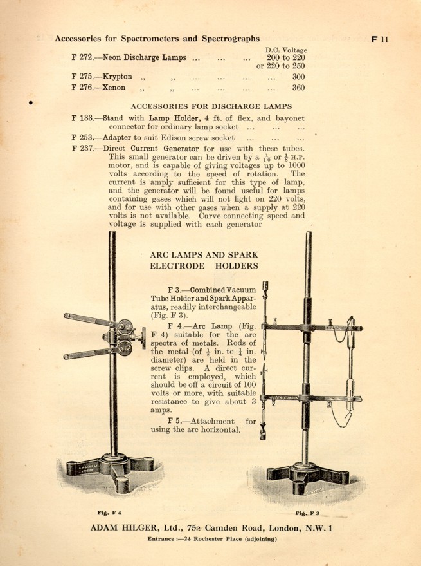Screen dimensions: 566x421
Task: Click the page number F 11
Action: click(381, 39)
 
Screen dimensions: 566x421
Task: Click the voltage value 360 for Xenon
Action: click(298, 88)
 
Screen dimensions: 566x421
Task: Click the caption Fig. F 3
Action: click(307, 513)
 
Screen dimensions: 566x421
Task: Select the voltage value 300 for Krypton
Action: click(298, 76)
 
